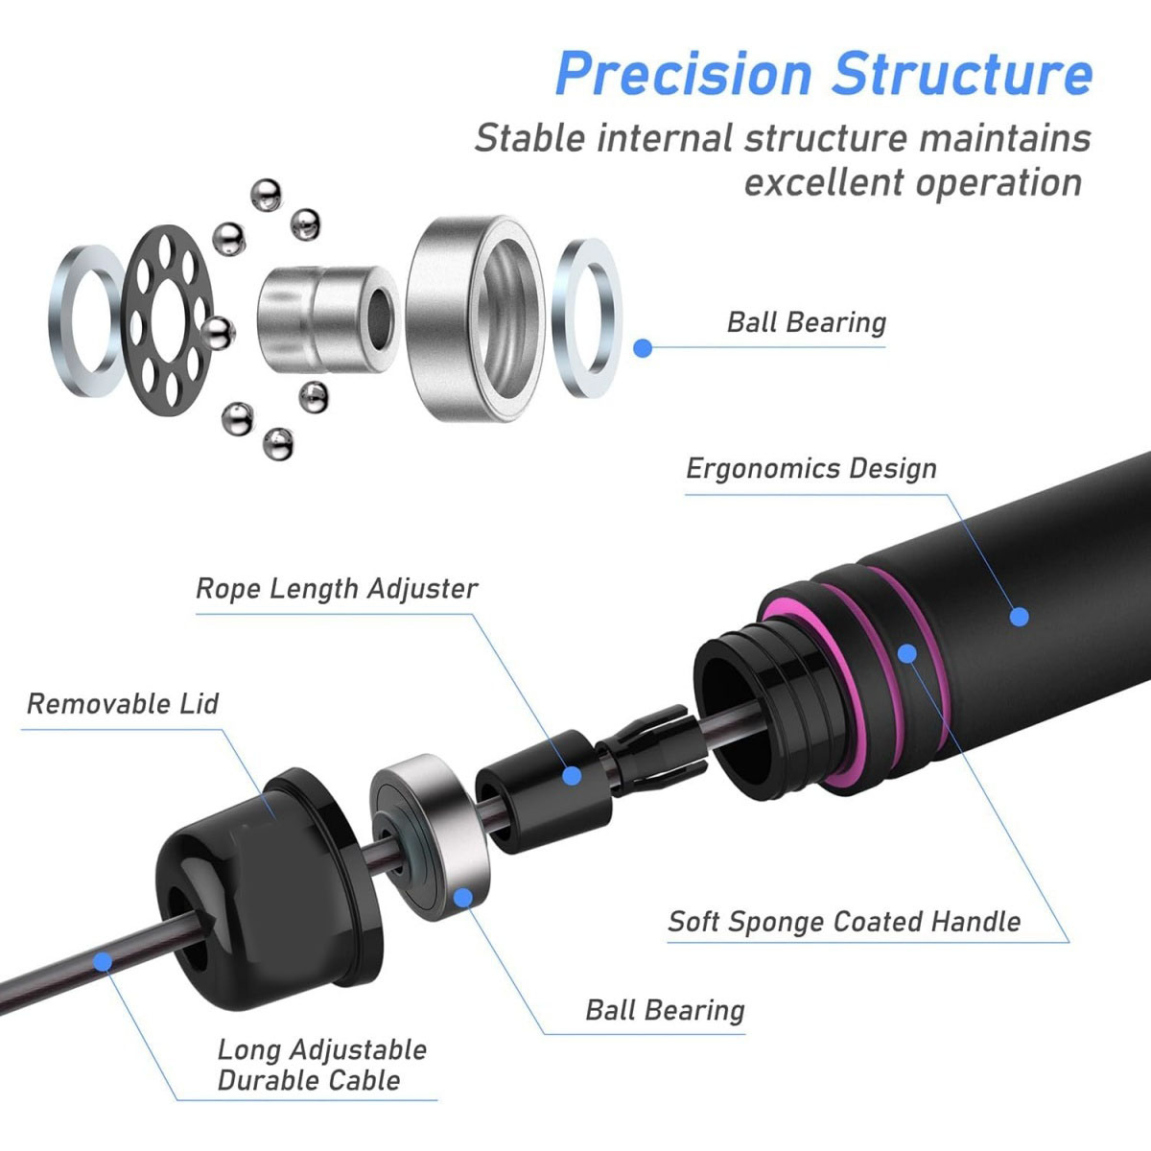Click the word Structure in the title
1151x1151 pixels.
[962, 74]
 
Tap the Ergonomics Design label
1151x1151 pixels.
[811, 469]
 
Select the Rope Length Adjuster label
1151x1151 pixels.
[337, 589]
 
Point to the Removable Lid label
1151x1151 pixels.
[123, 704]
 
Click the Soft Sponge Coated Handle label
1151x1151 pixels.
[844, 922]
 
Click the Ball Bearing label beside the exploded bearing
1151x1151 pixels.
[807, 322]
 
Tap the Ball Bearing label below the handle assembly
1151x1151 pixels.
[665, 1011]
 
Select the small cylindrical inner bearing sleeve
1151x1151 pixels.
[329, 319]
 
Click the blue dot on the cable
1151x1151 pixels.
[103, 962]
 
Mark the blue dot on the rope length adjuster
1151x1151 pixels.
[572, 775]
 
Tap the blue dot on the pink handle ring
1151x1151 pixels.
[907, 653]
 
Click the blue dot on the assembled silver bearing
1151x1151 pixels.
[463, 897]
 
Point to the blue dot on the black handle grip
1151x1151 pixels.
[1020, 616]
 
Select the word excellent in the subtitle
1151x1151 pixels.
[824, 182]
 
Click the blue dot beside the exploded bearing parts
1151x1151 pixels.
[643, 348]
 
